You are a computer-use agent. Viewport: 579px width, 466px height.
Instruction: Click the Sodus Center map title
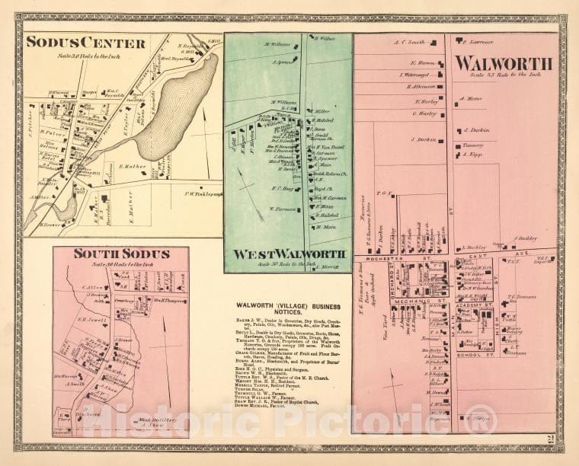[85, 42]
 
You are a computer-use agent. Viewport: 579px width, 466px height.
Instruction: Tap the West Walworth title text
[289, 254]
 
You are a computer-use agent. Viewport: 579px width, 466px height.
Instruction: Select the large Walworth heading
[503, 63]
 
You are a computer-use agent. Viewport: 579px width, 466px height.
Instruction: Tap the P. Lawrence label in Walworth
[477, 42]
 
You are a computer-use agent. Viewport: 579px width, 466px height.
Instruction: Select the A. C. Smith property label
[409, 43]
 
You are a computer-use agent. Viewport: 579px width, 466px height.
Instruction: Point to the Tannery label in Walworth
[472, 144]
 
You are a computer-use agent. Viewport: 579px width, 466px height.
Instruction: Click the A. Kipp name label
[474, 155]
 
